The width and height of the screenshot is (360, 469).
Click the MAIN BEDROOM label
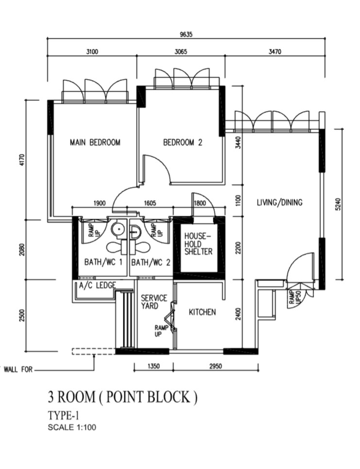tap(95, 142)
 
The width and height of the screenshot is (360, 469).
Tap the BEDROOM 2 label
tap(182, 142)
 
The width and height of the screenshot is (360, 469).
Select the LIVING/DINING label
tap(279, 202)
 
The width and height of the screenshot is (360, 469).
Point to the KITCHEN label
tap(202, 312)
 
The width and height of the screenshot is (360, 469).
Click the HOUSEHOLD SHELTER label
tap(198, 244)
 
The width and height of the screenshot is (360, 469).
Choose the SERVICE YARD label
tap(154, 302)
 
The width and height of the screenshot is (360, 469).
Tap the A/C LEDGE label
tap(97, 285)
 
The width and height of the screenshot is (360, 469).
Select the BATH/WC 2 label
tap(151, 263)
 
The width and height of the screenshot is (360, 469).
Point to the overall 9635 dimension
tap(186, 34)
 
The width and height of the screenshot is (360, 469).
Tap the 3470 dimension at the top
tap(275, 52)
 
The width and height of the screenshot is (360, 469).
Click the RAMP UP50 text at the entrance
tap(292, 297)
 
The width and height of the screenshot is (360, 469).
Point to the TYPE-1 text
tap(63, 416)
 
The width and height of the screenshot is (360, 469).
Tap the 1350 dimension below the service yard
tap(153, 367)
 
